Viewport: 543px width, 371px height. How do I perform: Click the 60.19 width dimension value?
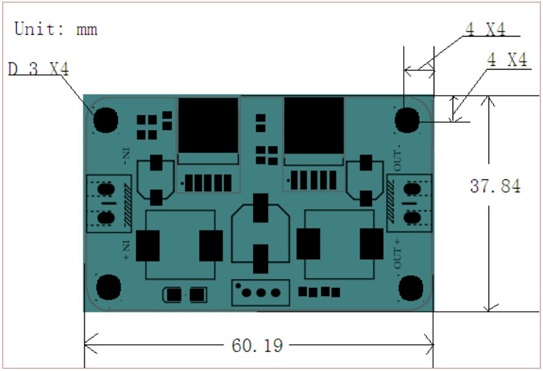pos(257,345)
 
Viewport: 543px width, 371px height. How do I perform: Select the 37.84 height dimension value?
pos(495,186)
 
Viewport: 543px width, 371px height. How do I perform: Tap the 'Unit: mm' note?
pos(56,29)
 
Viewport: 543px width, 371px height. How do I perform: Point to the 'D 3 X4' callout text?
pos(38,68)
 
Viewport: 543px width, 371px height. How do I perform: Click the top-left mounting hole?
pos(106,120)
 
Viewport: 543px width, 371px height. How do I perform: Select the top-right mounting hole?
pos(407,120)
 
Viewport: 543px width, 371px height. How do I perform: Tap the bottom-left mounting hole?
pos(108,287)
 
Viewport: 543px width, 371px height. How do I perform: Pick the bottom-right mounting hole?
pos(410,288)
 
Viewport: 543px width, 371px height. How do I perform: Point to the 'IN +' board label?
pos(126,250)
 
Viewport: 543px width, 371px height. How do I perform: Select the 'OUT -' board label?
pos(397,158)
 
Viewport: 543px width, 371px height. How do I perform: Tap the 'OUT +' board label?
pos(397,254)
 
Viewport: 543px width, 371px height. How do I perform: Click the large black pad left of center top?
pos(208,125)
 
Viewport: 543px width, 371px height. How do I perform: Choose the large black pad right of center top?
pos(314,125)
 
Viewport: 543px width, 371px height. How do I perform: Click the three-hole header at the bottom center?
pos(260,292)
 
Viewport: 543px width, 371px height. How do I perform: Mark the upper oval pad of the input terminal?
pos(106,189)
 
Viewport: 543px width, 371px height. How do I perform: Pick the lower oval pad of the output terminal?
pos(412,218)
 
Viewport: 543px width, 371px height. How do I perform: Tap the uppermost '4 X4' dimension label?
pos(485,29)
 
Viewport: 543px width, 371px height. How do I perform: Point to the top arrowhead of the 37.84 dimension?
pos(489,101)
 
